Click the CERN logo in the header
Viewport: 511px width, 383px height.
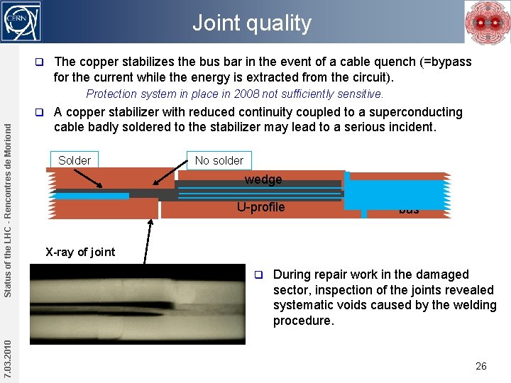22,21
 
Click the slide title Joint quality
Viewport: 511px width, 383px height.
251,23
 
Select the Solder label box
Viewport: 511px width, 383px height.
75,160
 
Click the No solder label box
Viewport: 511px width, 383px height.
219,160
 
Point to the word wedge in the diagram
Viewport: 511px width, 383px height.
263,179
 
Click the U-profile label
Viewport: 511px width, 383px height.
260,207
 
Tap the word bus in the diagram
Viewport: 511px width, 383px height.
409,210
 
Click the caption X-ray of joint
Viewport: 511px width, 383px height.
80,252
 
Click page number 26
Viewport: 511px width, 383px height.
480,366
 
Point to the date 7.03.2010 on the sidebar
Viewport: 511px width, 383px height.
7,359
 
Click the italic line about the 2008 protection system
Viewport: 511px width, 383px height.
234,94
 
